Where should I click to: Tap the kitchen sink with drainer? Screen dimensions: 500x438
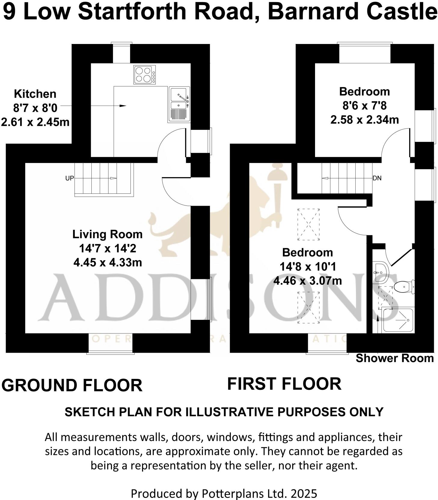tap(179, 104)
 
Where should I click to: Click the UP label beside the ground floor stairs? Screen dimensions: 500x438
tap(69, 178)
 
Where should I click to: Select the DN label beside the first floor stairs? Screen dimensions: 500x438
tap(377, 178)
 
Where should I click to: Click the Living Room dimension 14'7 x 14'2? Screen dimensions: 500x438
tap(107, 248)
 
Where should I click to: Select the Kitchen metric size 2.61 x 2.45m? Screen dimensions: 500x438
tap(35, 122)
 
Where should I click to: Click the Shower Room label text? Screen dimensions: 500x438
tap(394, 358)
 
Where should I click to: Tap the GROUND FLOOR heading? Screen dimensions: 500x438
tap(72, 385)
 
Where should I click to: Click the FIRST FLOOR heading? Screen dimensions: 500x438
tap(284, 384)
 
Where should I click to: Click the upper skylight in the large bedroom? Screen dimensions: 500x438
tap(308, 224)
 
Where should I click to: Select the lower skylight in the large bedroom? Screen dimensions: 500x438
tap(308, 307)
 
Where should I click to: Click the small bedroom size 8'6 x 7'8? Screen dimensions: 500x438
tap(364, 105)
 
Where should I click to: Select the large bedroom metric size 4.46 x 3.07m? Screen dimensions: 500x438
tap(307, 281)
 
